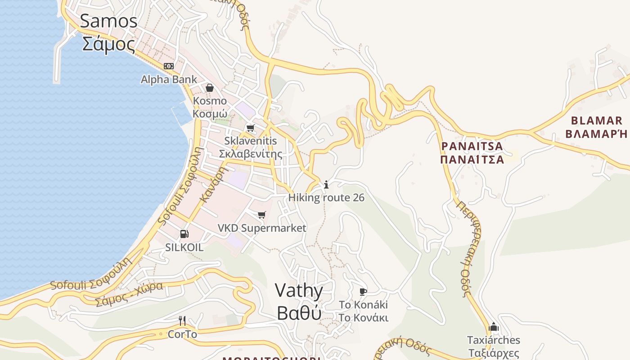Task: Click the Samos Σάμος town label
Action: pyautogui.click(x=109, y=33)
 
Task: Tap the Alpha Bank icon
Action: pyautogui.click(x=169, y=66)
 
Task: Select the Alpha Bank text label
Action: pyautogui.click(x=169, y=80)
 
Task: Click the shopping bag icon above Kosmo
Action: pyautogui.click(x=209, y=87)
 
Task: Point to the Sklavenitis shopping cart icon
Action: pyautogui.click(x=251, y=128)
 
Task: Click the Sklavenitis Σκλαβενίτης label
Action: pyautogui.click(x=251, y=147)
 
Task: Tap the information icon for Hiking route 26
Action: pyautogui.click(x=326, y=184)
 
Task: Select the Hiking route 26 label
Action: pyautogui.click(x=326, y=198)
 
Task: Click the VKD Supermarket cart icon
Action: pyautogui.click(x=262, y=215)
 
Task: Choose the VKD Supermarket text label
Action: pyautogui.click(x=262, y=228)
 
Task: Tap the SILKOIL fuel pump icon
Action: pyautogui.click(x=184, y=234)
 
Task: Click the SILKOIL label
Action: pyautogui.click(x=184, y=247)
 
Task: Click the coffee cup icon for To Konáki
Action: pyautogui.click(x=363, y=292)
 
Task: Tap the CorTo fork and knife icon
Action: pyautogui.click(x=182, y=321)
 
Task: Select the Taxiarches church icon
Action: pyautogui.click(x=493, y=327)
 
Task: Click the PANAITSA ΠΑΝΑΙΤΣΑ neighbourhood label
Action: pyautogui.click(x=472, y=153)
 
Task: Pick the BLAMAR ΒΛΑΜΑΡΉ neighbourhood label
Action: pyautogui.click(x=596, y=127)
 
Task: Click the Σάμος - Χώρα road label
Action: pyautogui.click(x=129, y=294)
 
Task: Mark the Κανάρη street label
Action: pyautogui.click(x=212, y=185)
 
